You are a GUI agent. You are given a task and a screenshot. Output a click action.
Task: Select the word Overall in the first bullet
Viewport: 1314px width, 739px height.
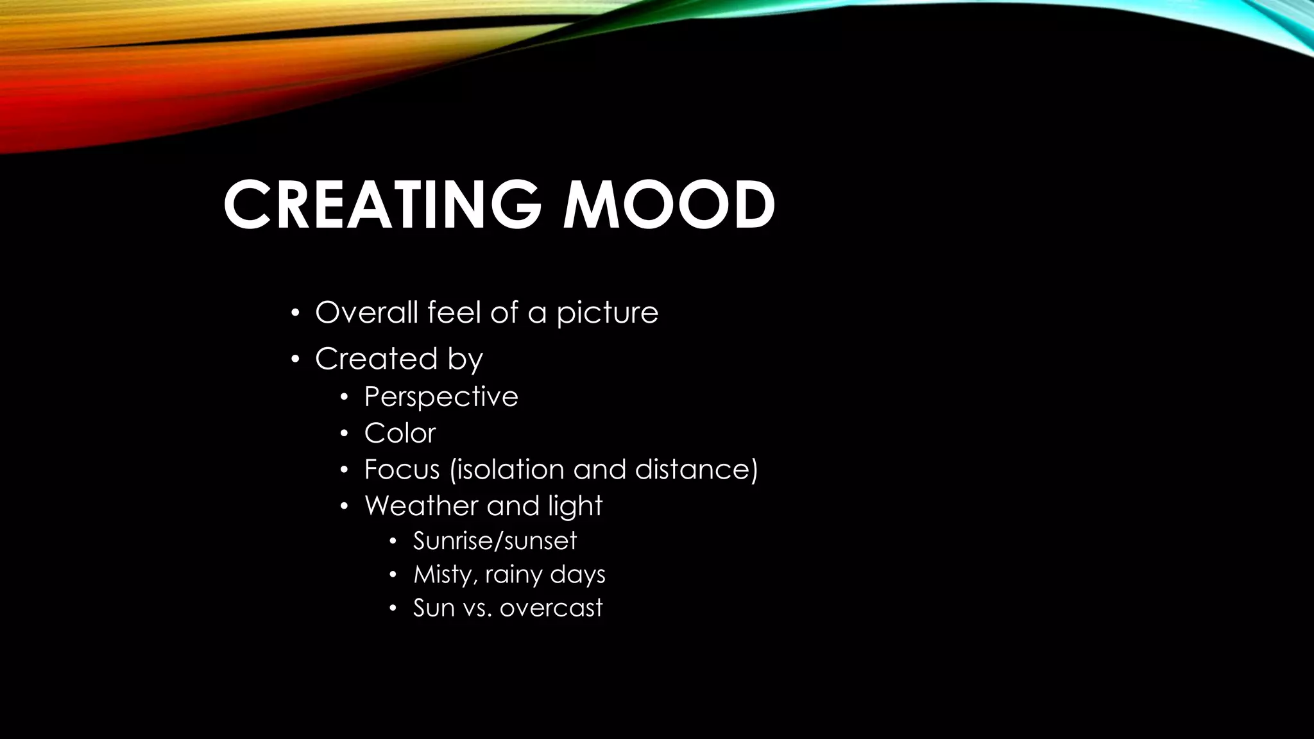pyautogui.click(x=366, y=312)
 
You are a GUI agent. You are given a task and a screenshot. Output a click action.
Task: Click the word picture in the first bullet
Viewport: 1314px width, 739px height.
pyautogui.click(x=607, y=314)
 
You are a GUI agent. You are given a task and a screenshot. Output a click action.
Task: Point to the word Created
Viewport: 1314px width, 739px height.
pyautogui.click(x=376, y=359)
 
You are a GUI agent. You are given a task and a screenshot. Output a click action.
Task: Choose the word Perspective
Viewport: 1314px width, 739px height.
pyautogui.click(x=441, y=397)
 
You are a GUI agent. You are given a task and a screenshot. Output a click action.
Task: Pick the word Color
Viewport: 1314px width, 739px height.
pyautogui.click(x=400, y=433)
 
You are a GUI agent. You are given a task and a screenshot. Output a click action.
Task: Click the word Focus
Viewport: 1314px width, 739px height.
pyautogui.click(x=402, y=470)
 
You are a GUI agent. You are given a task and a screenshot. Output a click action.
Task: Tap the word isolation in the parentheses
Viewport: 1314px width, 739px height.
pyautogui.click(x=509, y=470)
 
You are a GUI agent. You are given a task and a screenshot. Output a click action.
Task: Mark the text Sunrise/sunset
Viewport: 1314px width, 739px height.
pyautogui.click(x=495, y=541)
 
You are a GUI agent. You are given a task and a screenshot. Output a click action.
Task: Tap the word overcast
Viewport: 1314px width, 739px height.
pyautogui.click(x=551, y=608)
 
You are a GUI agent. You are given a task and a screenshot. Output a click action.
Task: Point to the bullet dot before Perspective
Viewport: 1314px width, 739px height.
pyautogui.click(x=344, y=398)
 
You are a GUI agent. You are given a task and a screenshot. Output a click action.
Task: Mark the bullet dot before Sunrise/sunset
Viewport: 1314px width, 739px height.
pyautogui.click(x=393, y=541)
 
